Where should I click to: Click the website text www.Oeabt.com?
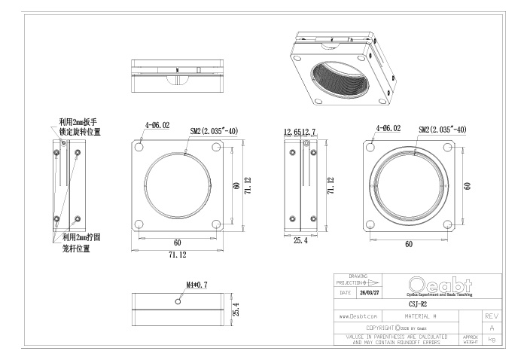click(358, 317)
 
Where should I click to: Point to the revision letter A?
click(491, 328)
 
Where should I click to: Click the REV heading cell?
click(491, 317)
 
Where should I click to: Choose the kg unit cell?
click(491, 340)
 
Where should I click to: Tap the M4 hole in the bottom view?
click(177, 301)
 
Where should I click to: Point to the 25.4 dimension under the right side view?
click(300, 240)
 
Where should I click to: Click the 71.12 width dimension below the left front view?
click(178, 255)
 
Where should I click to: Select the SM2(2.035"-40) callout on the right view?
click(443, 130)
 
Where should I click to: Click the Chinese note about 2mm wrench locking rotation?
click(80, 127)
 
